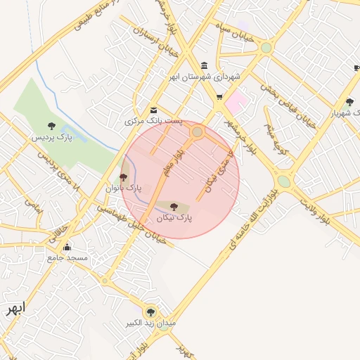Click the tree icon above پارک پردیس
pyautogui.click(x=51, y=127)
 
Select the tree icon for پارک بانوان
pyautogui.click(x=124, y=177)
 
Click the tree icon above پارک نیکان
pyautogui.click(x=174, y=207)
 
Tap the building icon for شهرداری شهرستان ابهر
pyautogui.click(x=204, y=65)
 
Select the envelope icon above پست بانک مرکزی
pyautogui.click(x=154, y=110)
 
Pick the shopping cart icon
pyautogui.click(x=219, y=97)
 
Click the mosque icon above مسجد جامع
pyautogui.click(x=67, y=247)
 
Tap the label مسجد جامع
pyautogui.click(x=67, y=259)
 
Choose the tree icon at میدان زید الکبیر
pyautogui.click(x=150, y=312)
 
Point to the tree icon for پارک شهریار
pyautogui.click(x=349, y=102)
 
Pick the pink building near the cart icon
pyautogui.click(x=236, y=101)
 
